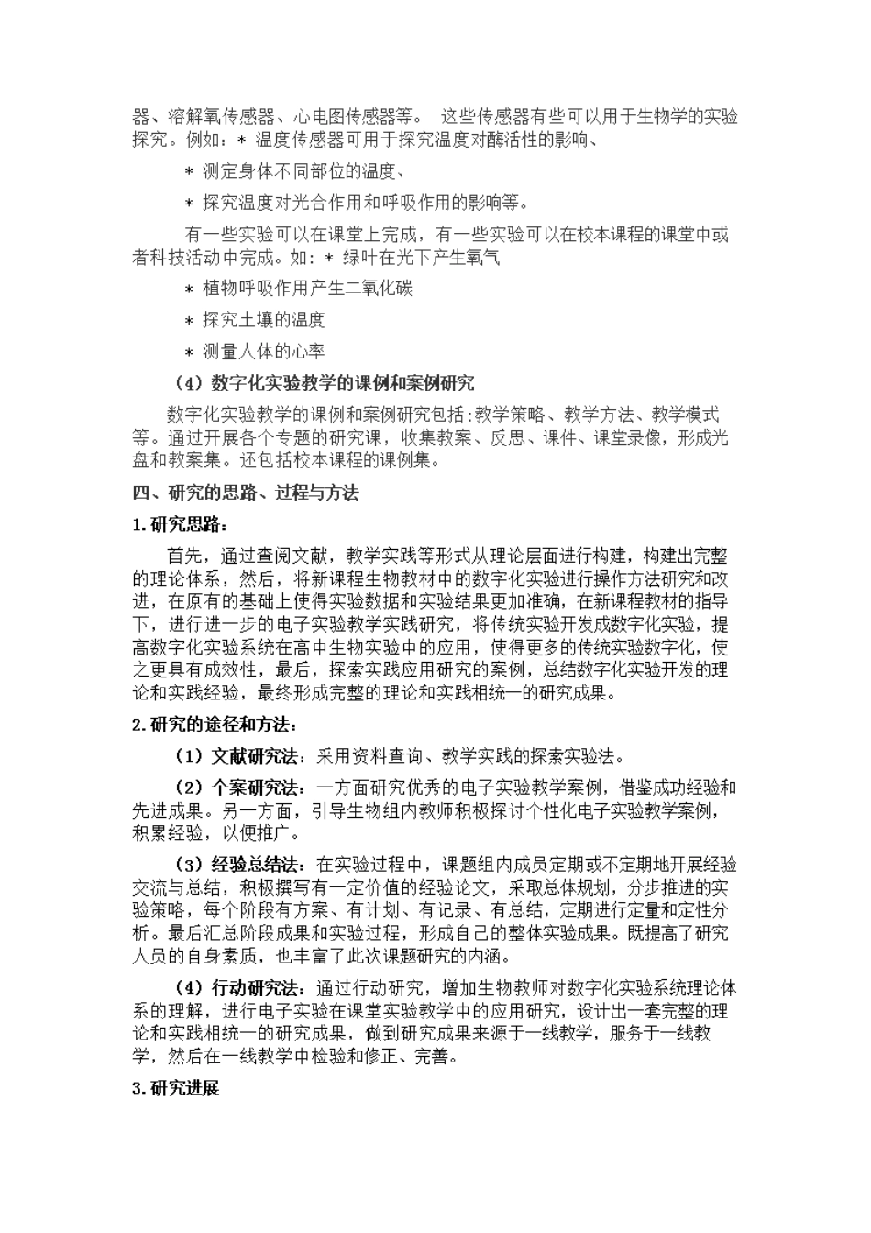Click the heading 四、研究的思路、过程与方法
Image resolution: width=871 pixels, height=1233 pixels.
click(245, 493)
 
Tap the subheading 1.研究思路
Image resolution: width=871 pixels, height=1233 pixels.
click(178, 525)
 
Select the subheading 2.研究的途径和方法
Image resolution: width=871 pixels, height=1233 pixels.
click(214, 725)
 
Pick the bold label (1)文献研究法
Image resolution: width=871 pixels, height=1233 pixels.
click(237, 756)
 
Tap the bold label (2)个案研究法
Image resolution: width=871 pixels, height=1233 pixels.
click(237, 787)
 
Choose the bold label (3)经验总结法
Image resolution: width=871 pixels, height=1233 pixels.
click(237, 864)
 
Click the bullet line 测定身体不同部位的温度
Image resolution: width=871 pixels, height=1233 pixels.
click(300, 171)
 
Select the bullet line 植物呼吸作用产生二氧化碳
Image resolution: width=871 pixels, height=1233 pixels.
click(307, 288)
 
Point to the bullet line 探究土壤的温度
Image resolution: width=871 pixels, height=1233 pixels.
click(264, 319)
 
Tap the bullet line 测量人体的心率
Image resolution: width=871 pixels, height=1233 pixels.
click(264, 350)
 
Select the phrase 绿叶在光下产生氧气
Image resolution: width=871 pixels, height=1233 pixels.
click(421, 258)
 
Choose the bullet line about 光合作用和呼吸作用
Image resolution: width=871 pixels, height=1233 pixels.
click(366, 202)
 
